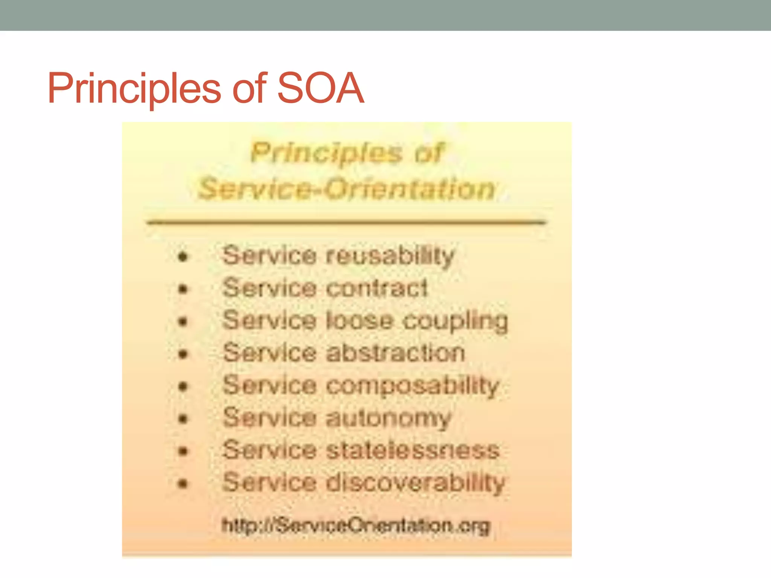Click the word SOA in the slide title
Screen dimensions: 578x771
click(320, 89)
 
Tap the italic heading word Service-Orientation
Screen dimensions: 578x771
click(346, 189)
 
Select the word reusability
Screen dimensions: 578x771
click(390, 256)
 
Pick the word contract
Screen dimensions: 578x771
click(377, 289)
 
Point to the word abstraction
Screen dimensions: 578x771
click(395, 353)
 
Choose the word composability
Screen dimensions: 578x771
click(412, 386)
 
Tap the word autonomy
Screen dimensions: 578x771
click(388, 418)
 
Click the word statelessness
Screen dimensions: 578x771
click(413, 450)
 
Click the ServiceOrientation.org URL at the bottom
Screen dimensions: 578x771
click(356, 526)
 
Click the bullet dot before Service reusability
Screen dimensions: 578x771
click(183, 257)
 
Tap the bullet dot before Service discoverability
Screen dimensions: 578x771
click(183, 484)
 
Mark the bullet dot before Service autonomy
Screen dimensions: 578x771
click(183, 419)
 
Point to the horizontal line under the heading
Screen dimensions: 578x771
click(346, 222)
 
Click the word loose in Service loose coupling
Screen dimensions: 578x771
click(359, 321)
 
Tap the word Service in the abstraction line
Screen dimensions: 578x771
click(270, 353)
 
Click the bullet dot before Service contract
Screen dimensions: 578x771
click(183, 289)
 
